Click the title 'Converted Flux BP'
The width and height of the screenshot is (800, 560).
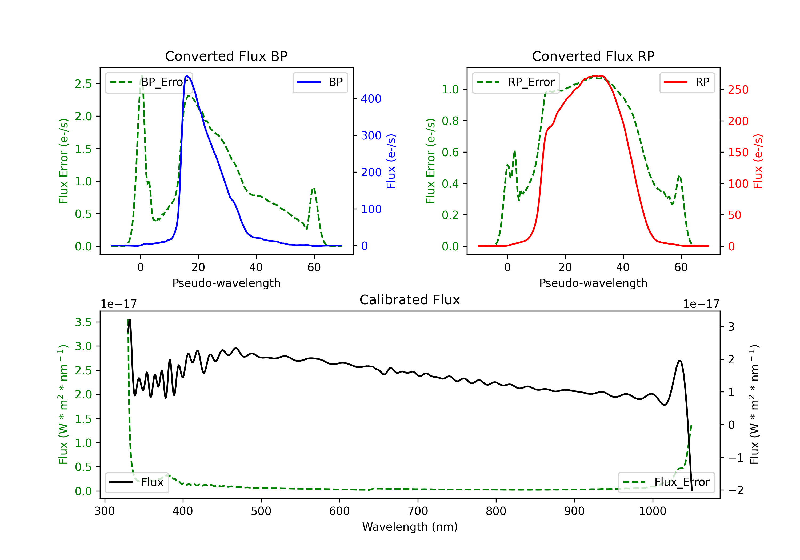[x=226, y=56]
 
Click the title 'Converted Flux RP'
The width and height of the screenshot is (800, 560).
[x=593, y=56]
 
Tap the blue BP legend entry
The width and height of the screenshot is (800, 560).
[x=320, y=82]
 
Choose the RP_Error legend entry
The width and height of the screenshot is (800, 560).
[x=516, y=82]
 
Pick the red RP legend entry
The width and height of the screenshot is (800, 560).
[x=687, y=82]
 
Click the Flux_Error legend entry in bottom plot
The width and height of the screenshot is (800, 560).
[x=666, y=482]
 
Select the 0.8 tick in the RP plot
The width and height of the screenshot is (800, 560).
[x=450, y=121]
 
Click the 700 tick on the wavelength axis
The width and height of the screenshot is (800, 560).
[x=418, y=511]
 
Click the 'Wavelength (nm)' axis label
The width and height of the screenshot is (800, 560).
[x=410, y=527]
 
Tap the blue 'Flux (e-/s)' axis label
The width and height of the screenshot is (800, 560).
[x=391, y=161]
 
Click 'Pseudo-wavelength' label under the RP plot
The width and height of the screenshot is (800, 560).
[x=593, y=283]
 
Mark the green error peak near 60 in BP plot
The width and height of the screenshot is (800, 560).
[x=314, y=189]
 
